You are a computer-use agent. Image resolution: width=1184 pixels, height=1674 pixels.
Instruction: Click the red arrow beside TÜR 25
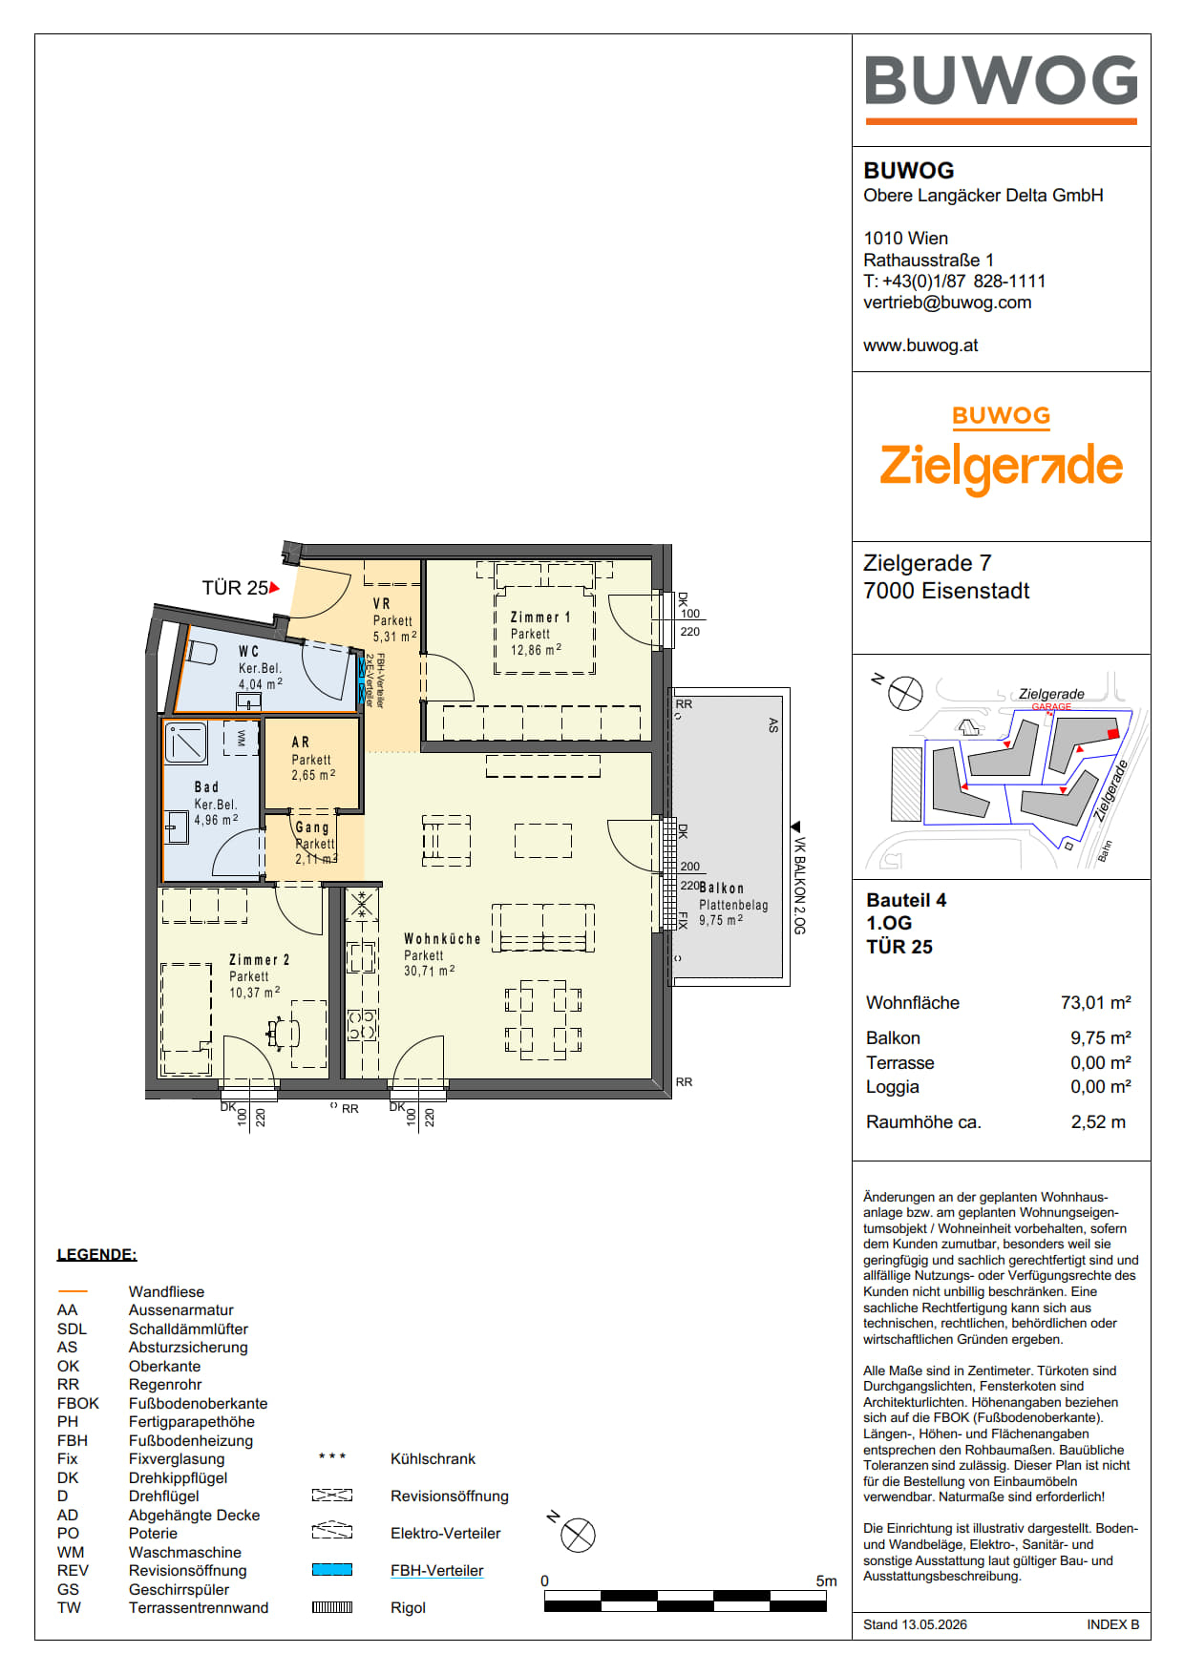pos(275,588)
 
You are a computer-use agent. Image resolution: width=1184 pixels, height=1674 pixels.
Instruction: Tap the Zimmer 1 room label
pos(540,617)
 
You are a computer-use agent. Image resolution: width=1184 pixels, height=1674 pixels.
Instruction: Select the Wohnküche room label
pos(442,939)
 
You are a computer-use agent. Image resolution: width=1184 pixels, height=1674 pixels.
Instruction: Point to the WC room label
pos(248,652)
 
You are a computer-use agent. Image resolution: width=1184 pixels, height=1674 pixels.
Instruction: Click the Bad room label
pos(206,787)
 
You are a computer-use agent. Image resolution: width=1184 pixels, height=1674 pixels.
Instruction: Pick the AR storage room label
pos(301,742)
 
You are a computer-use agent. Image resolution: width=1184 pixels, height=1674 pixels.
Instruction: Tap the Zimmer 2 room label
pos(259,960)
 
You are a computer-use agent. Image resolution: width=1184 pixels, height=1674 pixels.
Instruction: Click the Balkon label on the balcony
pos(721,889)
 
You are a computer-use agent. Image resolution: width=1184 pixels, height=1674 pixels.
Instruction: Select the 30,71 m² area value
pos(429,971)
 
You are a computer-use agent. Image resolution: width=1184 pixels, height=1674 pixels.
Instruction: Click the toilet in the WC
pos(201,653)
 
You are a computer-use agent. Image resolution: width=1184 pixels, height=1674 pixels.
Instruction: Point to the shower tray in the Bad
pos(186,743)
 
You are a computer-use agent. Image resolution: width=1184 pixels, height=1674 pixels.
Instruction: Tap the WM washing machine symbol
pos(241,738)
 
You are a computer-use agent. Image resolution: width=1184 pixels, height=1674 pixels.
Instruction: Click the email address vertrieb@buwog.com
pos(947,303)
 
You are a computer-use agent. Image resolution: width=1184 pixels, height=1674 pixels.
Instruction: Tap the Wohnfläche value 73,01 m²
pos(1095,1003)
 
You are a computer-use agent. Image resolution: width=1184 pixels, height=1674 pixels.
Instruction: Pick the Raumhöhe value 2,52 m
pos(1098,1122)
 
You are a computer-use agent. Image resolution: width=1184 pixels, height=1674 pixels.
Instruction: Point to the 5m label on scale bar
pos(826,1581)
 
